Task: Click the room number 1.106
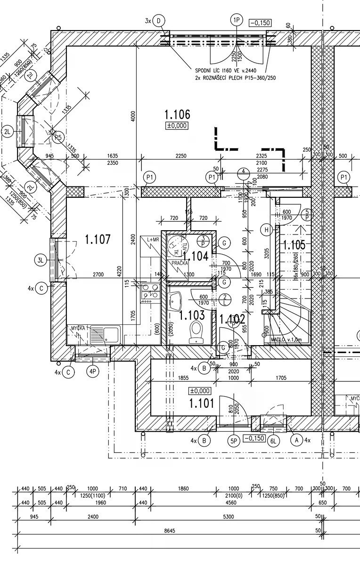177,114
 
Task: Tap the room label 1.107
98,240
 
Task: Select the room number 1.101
201,404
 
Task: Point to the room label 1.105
293,245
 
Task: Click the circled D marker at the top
159,20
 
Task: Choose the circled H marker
267,230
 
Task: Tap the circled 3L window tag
41,259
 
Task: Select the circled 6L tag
273,441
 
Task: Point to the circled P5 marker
58,137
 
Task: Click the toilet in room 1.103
196,331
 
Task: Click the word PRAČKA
180,264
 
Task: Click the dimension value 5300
229,517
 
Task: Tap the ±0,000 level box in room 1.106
177,126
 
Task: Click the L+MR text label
153,240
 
